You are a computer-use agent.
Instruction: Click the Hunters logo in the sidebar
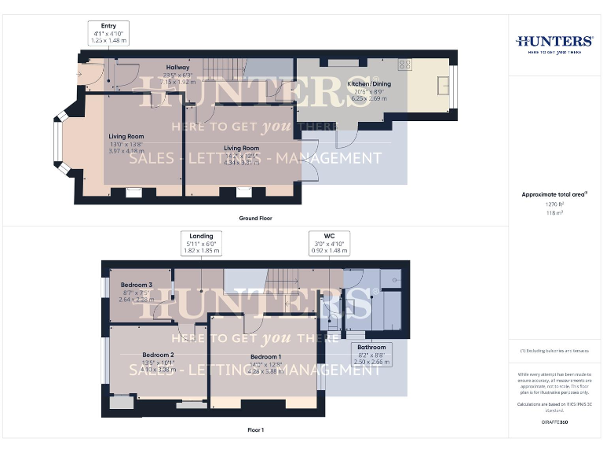tap(554, 42)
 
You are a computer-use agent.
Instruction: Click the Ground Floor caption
tap(256, 217)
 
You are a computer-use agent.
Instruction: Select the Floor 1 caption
tap(256, 430)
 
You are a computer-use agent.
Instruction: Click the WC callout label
tap(329, 243)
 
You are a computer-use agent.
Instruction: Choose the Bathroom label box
tap(371, 354)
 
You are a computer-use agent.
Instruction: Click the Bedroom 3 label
tap(136, 290)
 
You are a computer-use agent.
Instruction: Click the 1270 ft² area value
tap(554, 203)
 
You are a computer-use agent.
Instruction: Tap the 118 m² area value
tap(554, 212)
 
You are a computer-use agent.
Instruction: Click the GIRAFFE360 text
tap(554, 422)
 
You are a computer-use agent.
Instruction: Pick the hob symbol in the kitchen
tap(405, 64)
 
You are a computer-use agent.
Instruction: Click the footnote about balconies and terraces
tap(554, 351)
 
